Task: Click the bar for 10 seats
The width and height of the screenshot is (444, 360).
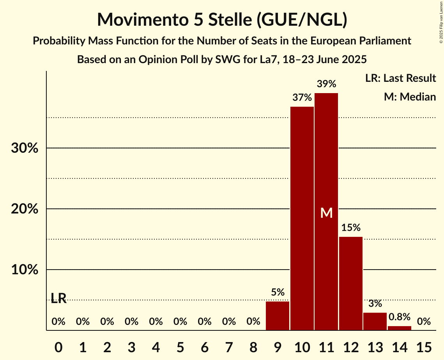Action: point(302,218)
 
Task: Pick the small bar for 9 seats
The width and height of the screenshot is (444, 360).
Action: point(278,316)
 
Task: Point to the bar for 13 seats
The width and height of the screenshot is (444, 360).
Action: point(375,321)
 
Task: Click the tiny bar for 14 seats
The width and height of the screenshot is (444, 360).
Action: point(400,328)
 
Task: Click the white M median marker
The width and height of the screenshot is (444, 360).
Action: point(326,213)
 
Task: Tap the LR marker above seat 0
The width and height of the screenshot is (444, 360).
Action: point(58,298)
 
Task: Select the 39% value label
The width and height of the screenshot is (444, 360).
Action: point(326,84)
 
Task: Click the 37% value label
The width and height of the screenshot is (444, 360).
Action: point(302,97)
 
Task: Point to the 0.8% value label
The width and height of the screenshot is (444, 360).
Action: point(400,317)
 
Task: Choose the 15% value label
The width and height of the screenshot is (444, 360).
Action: point(351,228)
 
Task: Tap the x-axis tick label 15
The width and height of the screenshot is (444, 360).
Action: point(424,346)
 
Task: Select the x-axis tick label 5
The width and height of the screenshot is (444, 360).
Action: point(180,346)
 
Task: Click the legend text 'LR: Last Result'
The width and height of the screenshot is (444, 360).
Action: point(400,78)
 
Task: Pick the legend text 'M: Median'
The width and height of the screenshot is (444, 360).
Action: point(410,97)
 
